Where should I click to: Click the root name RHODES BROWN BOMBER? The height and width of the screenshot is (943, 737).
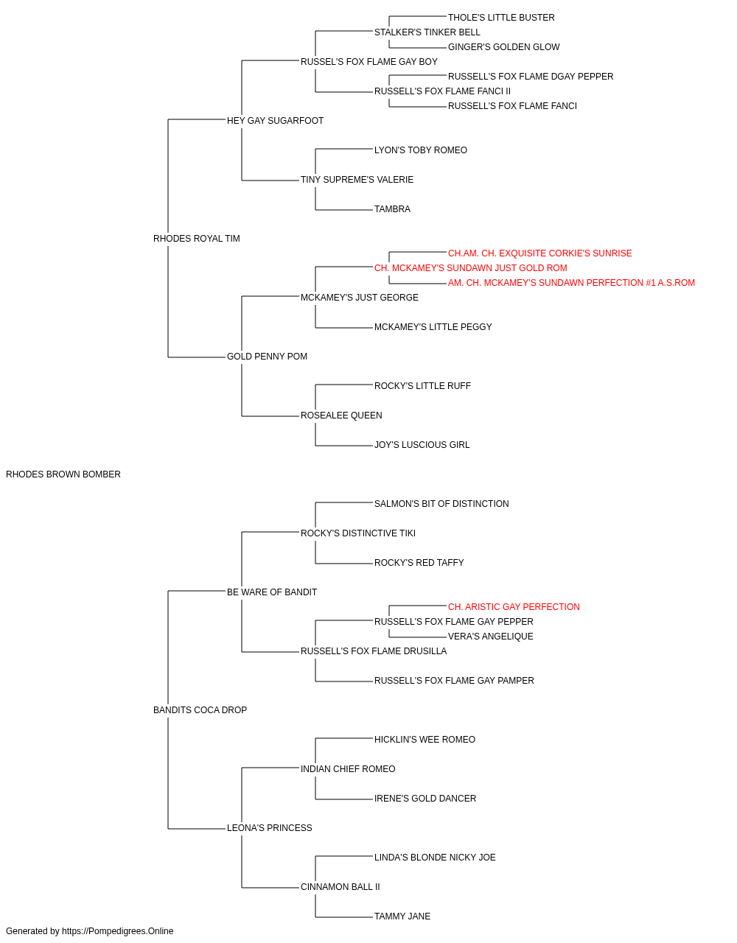click(x=63, y=474)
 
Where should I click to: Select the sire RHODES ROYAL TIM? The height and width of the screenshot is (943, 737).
click(x=197, y=239)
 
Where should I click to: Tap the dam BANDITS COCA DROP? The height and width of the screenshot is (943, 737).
click(x=200, y=710)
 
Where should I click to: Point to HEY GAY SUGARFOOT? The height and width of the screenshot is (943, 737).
click(x=275, y=121)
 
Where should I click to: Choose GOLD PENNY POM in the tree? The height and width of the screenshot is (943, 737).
click(x=267, y=357)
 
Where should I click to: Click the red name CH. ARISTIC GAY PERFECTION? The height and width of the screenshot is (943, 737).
click(x=514, y=606)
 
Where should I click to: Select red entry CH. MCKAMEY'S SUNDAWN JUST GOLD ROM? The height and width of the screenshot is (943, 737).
click(x=471, y=267)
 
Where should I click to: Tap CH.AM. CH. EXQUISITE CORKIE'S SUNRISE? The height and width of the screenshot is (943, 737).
click(x=540, y=253)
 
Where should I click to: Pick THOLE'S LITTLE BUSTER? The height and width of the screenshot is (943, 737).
click(x=501, y=18)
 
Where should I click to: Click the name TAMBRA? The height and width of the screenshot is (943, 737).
click(x=392, y=209)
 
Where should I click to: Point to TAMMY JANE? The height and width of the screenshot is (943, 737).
click(x=402, y=916)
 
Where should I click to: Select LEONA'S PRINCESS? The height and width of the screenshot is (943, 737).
click(x=270, y=827)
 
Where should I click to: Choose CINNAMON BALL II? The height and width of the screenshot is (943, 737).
click(x=340, y=886)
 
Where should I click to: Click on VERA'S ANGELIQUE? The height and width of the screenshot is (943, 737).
click(x=490, y=637)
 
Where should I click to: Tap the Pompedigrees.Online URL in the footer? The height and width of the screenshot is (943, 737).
click(x=118, y=931)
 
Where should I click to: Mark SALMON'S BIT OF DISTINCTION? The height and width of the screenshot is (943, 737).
click(x=441, y=504)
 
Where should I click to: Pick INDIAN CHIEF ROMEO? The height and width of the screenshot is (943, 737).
click(x=348, y=769)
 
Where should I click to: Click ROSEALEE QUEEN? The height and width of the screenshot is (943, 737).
click(x=341, y=416)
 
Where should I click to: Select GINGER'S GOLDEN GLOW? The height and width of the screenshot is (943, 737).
click(x=504, y=47)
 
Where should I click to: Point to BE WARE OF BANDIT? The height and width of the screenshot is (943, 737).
click(x=272, y=592)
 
